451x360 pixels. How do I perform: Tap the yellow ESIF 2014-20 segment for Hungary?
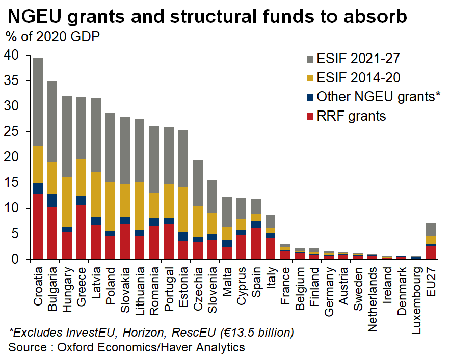pos(67,202)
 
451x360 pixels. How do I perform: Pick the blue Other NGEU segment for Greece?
pos(81,200)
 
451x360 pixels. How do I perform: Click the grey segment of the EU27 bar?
pos(431,230)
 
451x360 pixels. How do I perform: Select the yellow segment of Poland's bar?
pos(110,207)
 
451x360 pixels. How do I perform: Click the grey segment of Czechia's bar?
pos(198,183)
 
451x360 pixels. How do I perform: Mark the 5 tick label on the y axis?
pos(15,234)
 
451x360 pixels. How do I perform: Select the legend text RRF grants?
pos(351,116)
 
